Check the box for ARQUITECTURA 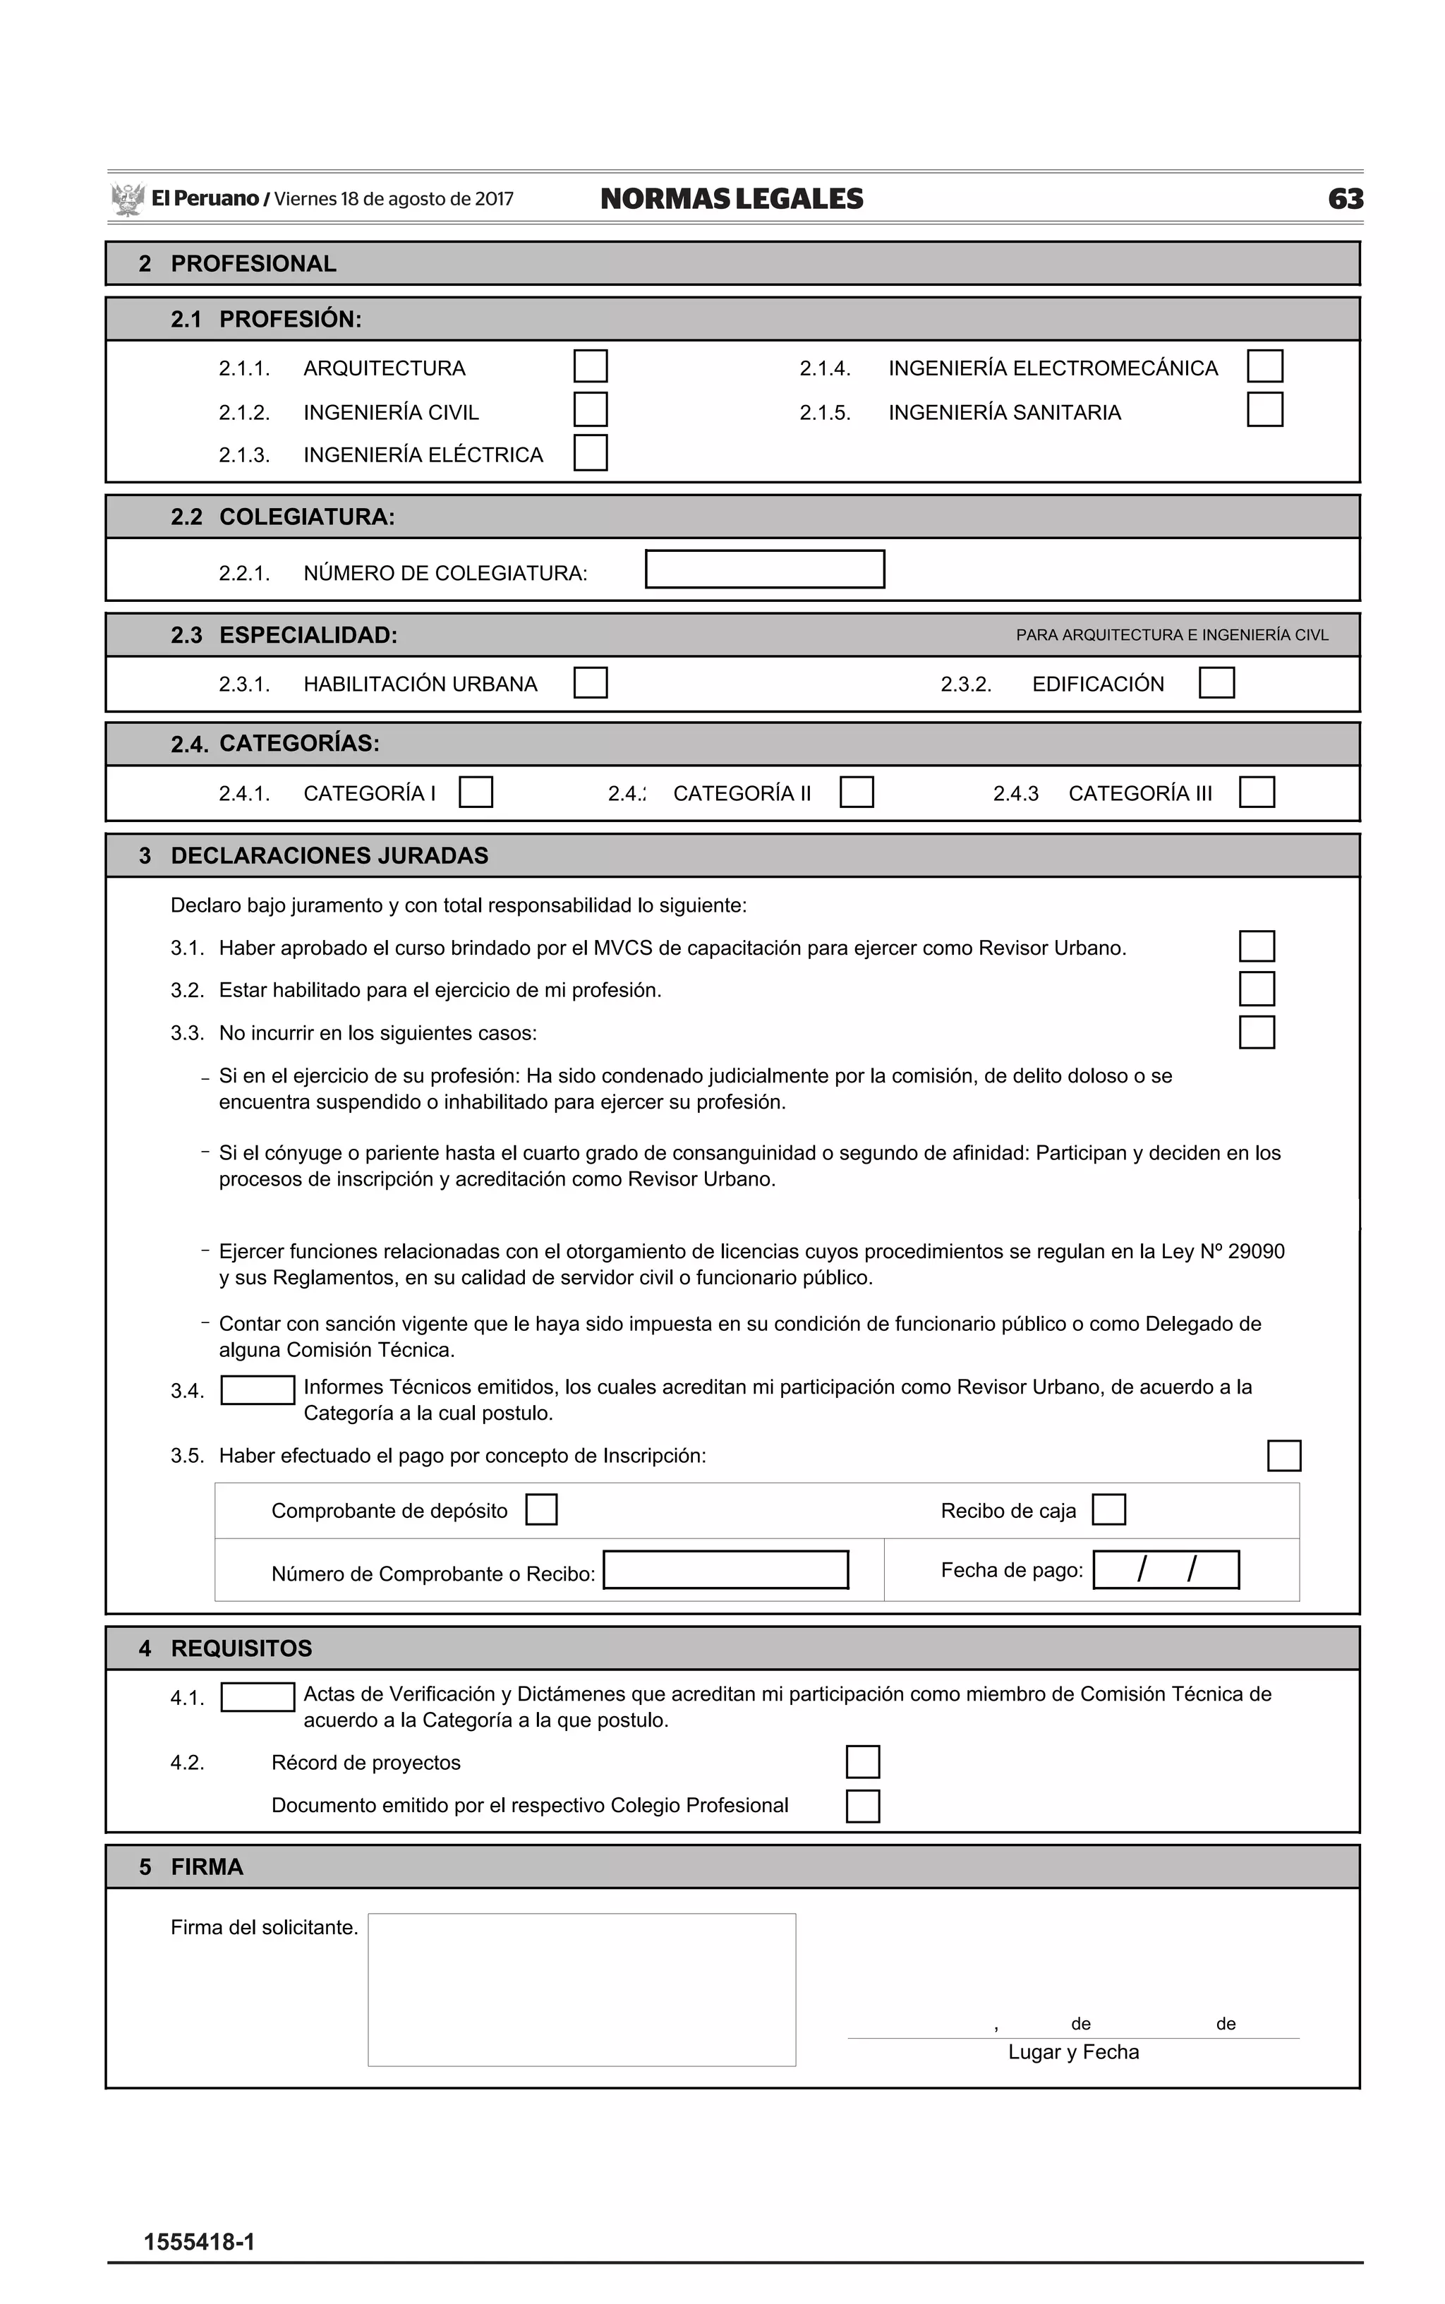[x=590, y=366]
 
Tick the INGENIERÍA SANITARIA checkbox [x=1264, y=410]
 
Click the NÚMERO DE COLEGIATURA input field [x=765, y=569]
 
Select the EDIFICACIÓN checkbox [x=1216, y=683]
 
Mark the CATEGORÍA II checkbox [x=857, y=792]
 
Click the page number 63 [x=1345, y=199]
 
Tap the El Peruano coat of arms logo [x=127, y=199]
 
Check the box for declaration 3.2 [x=1257, y=989]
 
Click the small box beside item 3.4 [x=257, y=1390]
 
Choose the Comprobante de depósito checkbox [x=541, y=1510]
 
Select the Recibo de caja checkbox [x=1108, y=1510]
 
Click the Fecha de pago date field [x=1166, y=1570]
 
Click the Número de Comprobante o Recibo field [x=725, y=1570]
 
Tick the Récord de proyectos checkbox [x=862, y=1762]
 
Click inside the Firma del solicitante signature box [x=581, y=1989]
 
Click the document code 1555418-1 [x=199, y=2243]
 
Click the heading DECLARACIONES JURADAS [x=329, y=855]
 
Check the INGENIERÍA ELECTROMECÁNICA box [x=1264, y=366]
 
